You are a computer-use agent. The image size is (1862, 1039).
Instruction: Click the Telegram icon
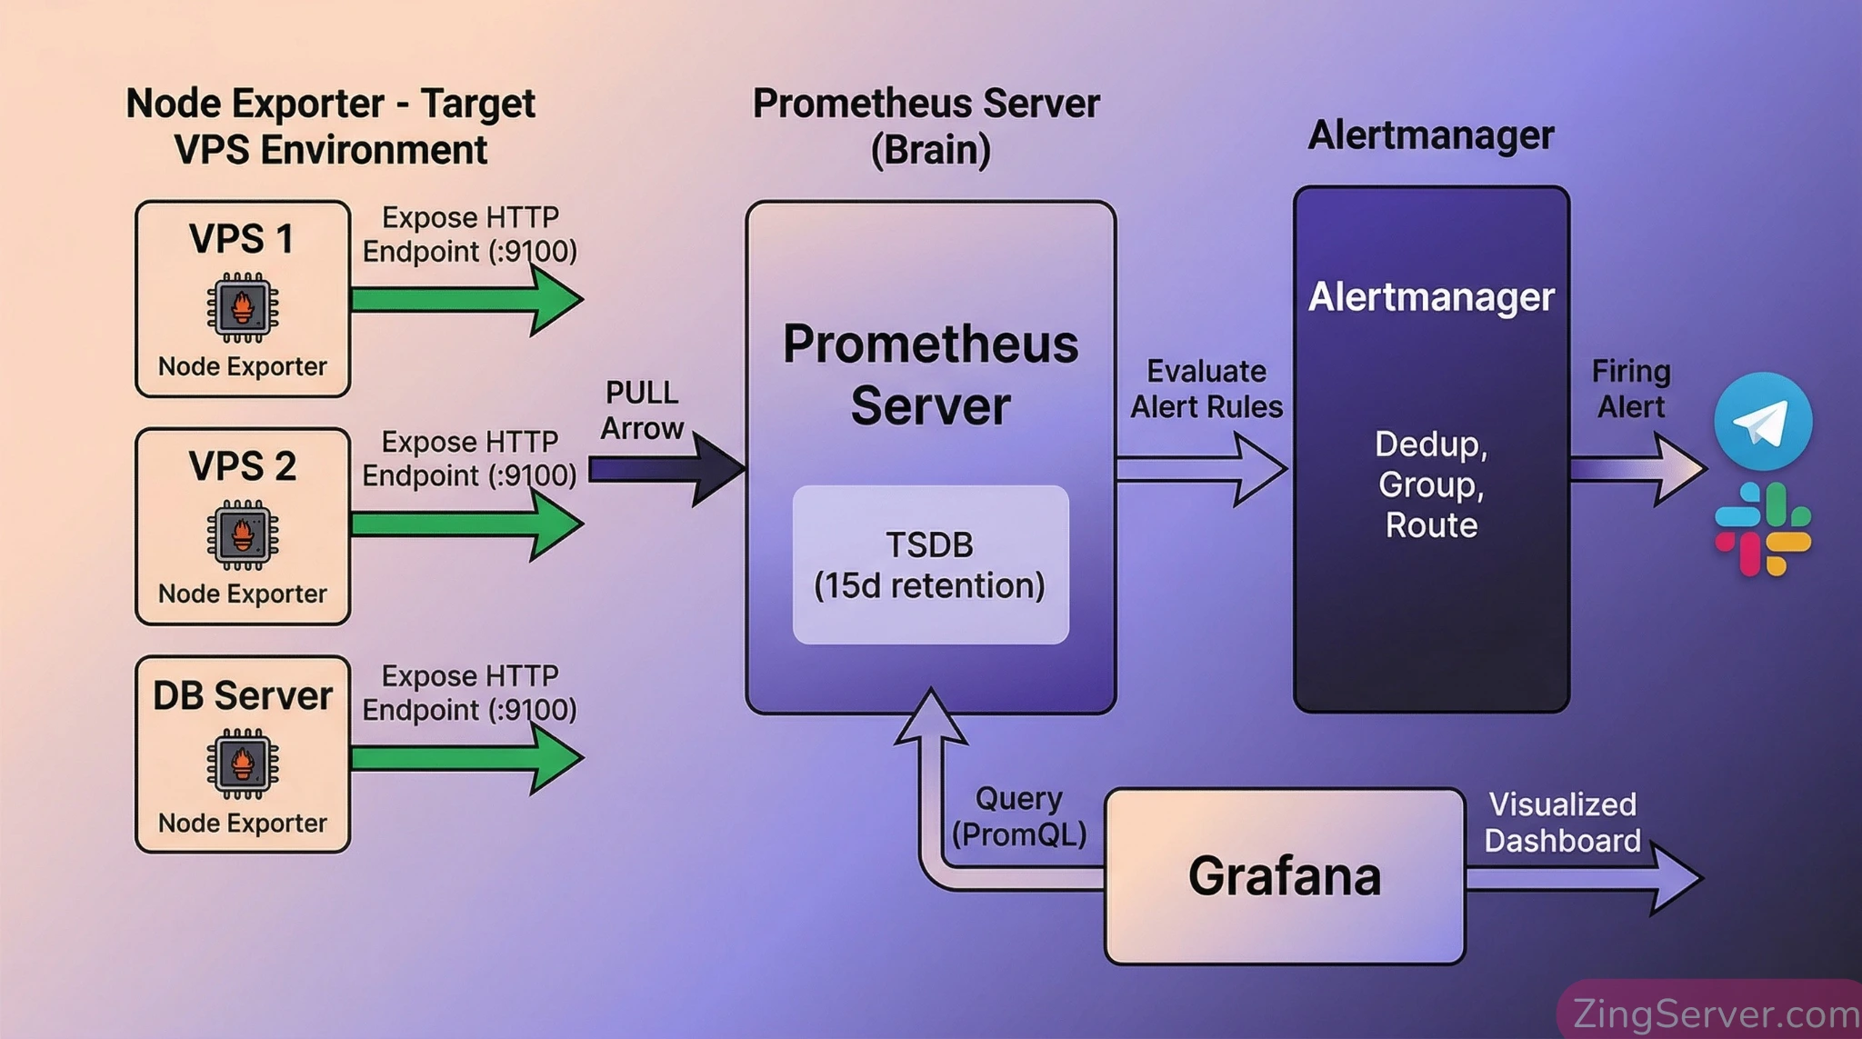[x=1763, y=421]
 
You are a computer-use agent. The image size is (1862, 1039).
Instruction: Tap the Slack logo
[x=1763, y=529]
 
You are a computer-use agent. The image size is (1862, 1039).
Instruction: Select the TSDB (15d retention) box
[x=930, y=564]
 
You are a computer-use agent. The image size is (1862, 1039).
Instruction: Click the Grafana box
[x=1284, y=875]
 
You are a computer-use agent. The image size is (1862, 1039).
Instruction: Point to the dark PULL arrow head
[x=718, y=469]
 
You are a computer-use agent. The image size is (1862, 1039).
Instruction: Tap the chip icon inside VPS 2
[x=243, y=534]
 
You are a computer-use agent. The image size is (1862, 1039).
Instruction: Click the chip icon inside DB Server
[x=243, y=764]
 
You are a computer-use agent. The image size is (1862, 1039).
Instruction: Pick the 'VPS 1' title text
[x=242, y=239]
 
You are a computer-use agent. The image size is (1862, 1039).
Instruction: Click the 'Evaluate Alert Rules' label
[x=1206, y=389]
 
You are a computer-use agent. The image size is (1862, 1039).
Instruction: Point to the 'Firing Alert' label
[x=1631, y=389]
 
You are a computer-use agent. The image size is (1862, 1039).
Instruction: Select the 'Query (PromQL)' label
[x=1019, y=816]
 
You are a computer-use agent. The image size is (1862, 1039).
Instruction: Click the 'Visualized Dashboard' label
[x=1562, y=823]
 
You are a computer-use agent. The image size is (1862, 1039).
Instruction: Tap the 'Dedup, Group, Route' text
[x=1431, y=485]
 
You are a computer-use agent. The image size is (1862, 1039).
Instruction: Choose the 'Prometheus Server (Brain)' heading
[x=926, y=126]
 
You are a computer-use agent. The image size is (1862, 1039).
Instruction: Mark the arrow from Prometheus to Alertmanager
[x=1200, y=469]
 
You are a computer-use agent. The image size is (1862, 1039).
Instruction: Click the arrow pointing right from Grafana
[x=1582, y=878]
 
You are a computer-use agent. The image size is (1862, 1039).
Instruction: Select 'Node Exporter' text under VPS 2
[x=243, y=594]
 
